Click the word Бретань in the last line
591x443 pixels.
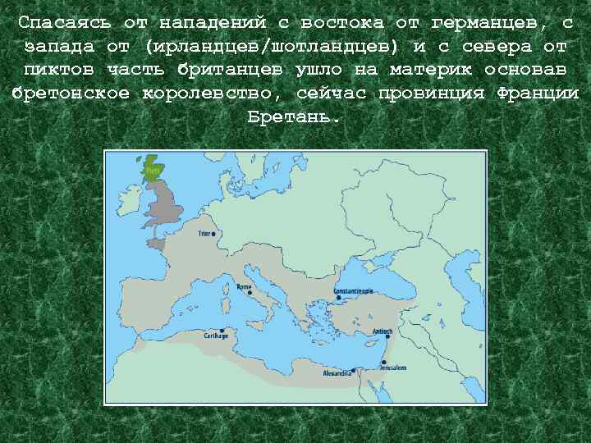click(292, 116)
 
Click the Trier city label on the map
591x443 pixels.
click(205, 233)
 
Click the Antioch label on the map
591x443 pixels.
click(383, 331)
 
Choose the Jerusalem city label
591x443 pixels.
click(392, 368)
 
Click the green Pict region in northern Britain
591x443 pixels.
click(153, 170)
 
